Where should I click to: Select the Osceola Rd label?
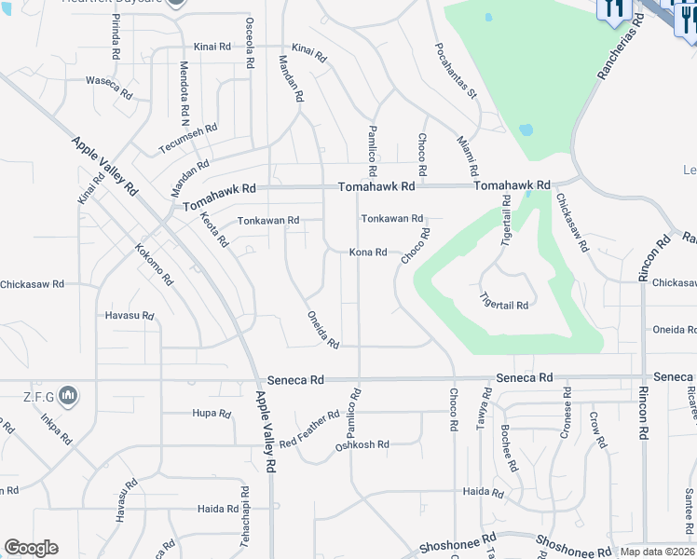(250, 43)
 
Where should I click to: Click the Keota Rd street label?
(214, 229)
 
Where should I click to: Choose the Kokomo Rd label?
(154, 266)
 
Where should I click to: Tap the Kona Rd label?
(368, 252)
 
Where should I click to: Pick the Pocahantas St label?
(456, 70)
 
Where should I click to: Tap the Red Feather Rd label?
(309, 429)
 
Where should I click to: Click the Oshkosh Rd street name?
(362, 445)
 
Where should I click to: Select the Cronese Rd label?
(566, 416)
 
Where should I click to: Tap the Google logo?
(31, 548)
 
